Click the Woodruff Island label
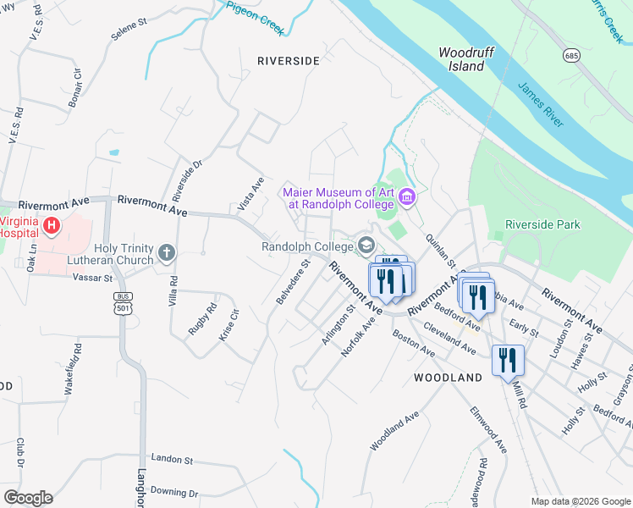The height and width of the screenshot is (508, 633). click(x=461, y=58)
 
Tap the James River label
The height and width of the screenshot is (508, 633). click(x=540, y=105)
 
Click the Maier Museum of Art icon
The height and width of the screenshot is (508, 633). click(x=407, y=198)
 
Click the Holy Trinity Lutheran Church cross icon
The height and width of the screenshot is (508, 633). click(x=167, y=252)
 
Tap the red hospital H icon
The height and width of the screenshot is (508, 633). click(x=52, y=226)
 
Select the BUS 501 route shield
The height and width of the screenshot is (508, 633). click(x=124, y=302)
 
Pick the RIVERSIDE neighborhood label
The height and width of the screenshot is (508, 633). click(x=289, y=61)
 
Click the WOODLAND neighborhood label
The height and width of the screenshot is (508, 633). click(x=448, y=378)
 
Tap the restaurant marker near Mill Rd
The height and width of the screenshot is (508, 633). click(x=508, y=360)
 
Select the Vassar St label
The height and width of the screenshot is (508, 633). click(x=93, y=278)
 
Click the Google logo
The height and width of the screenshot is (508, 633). click(x=28, y=498)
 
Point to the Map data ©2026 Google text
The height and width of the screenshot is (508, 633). click(x=580, y=501)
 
